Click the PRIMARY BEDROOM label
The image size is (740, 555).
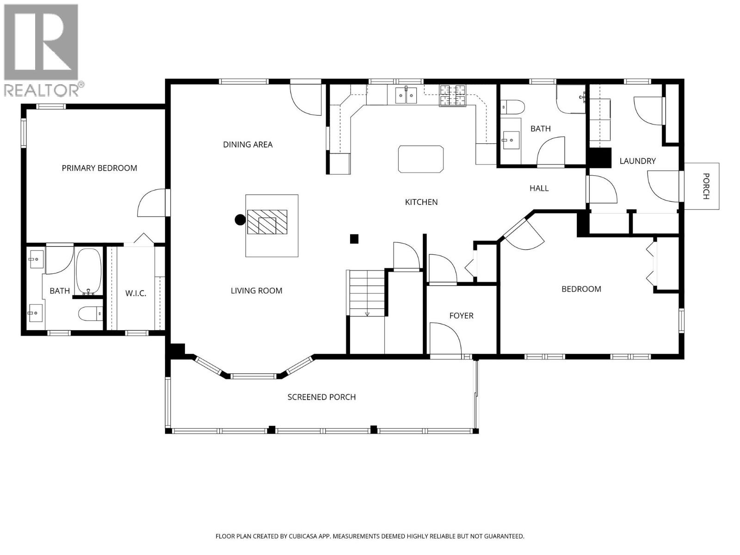(99, 168)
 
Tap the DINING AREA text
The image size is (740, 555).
(248, 145)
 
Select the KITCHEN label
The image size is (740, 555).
(421, 202)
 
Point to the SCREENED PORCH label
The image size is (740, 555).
(321, 397)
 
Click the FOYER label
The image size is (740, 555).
(462, 316)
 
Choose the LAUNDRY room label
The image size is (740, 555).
(637, 161)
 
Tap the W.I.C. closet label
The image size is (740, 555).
(136, 294)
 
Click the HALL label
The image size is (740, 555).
(539, 188)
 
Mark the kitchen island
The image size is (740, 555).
(421, 159)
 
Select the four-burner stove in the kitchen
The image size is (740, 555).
(452, 96)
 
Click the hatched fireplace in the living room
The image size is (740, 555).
(267, 222)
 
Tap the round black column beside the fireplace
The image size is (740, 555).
(240, 220)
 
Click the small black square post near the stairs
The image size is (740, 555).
(354, 239)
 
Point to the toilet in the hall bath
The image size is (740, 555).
(512, 107)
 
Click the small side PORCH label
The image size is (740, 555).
(706, 186)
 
